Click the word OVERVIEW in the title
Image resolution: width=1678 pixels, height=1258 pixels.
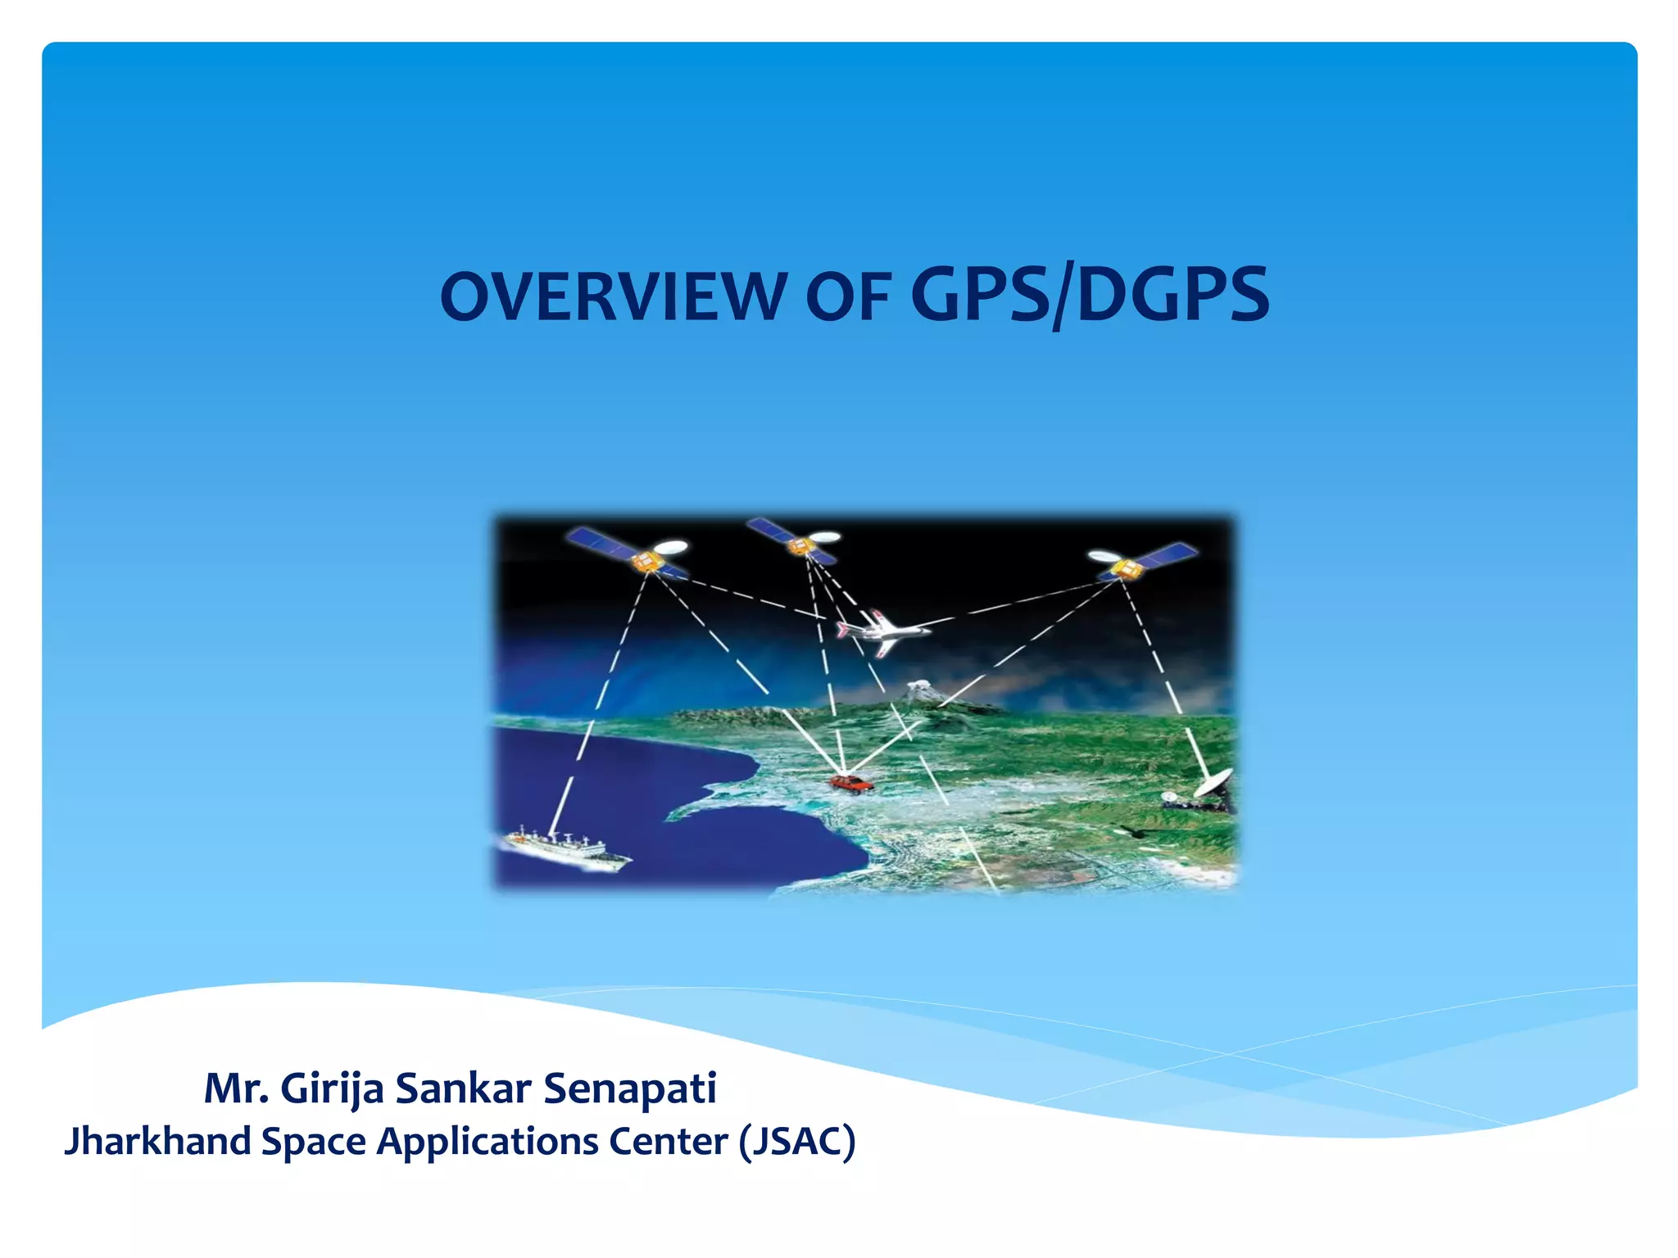click(x=613, y=296)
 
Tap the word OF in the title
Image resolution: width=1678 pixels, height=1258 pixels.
click(x=848, y=296)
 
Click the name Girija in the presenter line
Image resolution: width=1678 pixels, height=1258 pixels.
click(x=332, y=1089)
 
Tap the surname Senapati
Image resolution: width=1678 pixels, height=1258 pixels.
click(x=630, y=1089)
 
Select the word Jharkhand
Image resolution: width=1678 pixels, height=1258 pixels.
click(x=157, y=1142)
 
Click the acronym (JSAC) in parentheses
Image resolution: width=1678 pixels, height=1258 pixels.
click(x=797, y=1142)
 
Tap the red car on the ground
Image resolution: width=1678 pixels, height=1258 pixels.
click(x=850, y=784)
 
